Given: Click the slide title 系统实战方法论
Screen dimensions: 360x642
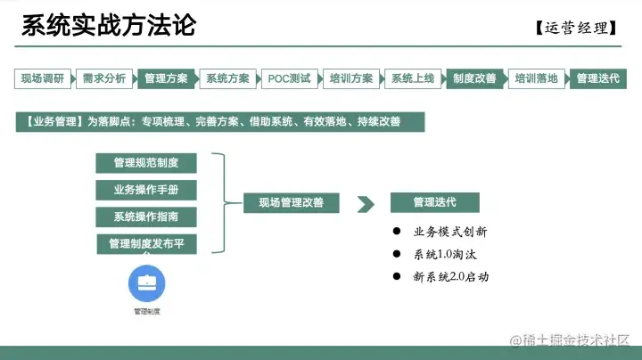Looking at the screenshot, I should [x=108, y=25].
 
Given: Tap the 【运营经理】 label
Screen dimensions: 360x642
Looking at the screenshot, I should [x=577, y=28].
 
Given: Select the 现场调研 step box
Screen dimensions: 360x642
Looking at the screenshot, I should [x=43, y=78].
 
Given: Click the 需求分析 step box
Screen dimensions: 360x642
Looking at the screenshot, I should [x=104, y=78].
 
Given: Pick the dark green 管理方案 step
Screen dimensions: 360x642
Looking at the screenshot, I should [x=166, y=78].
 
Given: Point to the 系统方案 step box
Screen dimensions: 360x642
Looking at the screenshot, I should [x=227, y=78].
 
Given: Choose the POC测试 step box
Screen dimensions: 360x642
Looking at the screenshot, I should [x=290, y=78].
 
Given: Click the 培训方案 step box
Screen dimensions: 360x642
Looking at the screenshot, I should [x=351, y=78].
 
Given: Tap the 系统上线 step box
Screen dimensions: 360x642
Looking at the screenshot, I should [x=413, y=78].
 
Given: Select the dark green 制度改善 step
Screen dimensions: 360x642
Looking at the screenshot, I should [x=474, y=78].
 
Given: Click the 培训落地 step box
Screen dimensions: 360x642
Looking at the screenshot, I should [x=537, y=78].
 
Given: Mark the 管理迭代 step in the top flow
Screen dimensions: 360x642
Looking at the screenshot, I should [x=597, y=78].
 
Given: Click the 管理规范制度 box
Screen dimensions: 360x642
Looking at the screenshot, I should [x=145, y=163].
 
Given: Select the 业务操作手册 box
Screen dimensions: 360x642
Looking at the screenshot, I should [x=145, y=190].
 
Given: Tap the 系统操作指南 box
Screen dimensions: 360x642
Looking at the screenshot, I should [x=145, y=217].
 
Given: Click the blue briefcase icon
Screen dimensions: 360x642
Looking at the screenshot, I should [x=147, y=286].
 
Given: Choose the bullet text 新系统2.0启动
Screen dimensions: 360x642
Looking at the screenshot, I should [x=451, y=277].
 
